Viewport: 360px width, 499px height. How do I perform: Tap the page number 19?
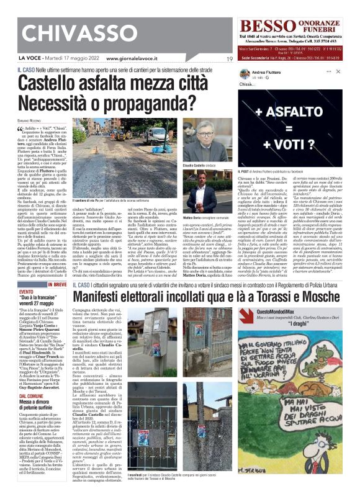229,59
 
